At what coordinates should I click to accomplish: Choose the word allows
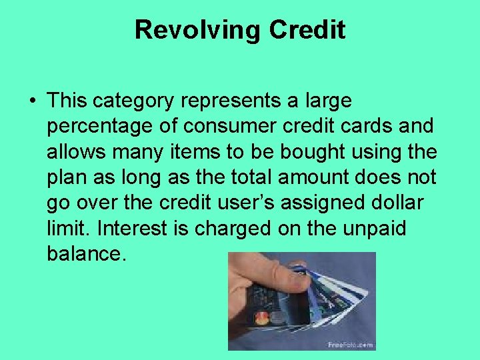73,151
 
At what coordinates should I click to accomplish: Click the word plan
67,177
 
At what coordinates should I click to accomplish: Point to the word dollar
410,202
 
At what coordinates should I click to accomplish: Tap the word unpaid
377,227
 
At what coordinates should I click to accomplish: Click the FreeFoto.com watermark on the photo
349,344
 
